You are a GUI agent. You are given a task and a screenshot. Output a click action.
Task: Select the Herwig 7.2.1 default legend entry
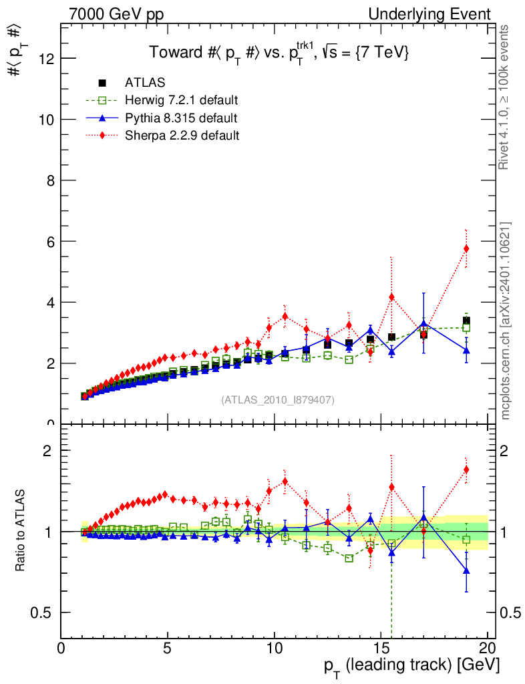click(181, 100)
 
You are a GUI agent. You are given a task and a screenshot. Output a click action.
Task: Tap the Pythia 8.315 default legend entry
click(180, 118)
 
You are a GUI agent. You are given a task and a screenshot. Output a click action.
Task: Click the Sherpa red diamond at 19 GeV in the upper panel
click(466, 248)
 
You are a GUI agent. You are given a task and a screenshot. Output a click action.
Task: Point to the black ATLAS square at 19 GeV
click(466, 321)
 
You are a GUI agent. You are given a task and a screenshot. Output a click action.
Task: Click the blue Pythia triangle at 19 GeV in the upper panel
click(466, 350)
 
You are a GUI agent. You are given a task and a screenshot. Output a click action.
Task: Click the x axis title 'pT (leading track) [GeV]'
click(411, 667)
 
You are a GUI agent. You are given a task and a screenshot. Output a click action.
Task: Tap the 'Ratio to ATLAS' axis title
click(22, 531)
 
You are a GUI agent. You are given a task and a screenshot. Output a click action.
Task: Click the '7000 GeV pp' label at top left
click(114, 14)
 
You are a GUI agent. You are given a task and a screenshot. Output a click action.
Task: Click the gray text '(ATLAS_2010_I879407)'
click(277, 400)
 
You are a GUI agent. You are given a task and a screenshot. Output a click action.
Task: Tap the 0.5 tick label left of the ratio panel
click(44, 613)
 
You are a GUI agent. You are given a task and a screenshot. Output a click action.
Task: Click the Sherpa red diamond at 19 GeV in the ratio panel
click(466, 470)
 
